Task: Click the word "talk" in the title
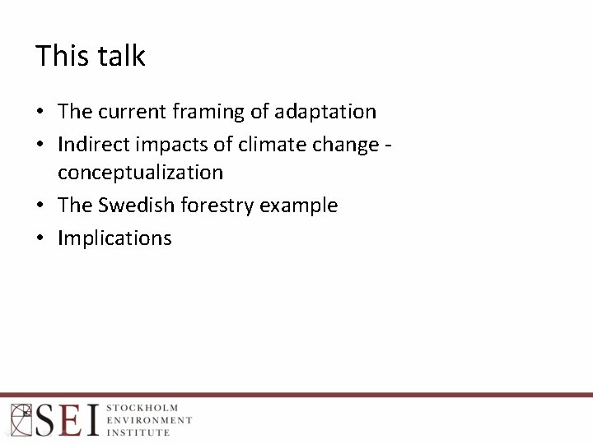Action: click(121, 56)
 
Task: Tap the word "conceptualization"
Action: click(140, 173)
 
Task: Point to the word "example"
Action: click(299, 206)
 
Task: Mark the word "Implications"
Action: click(114, 238)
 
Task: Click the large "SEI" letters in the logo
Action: click(67, 420)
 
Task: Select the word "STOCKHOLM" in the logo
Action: click(142, 408)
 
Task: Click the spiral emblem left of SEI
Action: click(21, 419)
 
